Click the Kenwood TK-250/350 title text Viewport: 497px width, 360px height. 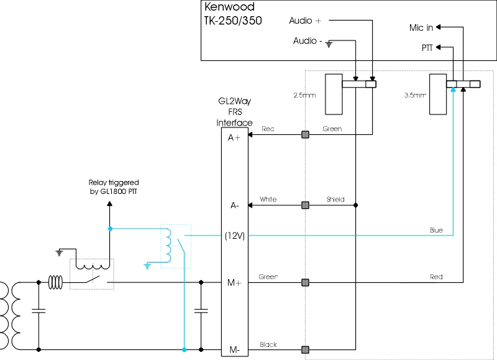point(234,13)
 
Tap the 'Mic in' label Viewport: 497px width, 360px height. point(421,27)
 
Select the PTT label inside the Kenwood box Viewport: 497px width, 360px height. point(427,48)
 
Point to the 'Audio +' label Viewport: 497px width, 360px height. point(305,21)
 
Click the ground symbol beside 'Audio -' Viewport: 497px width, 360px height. point(329,44)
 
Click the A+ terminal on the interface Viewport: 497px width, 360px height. point(234,137)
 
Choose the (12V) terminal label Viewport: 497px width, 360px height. point(235,236)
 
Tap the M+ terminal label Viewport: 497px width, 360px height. point(234,282)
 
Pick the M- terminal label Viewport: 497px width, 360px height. point(234,350)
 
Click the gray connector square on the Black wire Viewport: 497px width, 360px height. point(305,350)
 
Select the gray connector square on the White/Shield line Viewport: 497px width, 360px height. point(305,205)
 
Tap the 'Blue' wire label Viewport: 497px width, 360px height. point(436,230)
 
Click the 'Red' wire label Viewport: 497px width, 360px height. point(436,277)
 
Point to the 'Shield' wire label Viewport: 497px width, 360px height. point(335,199)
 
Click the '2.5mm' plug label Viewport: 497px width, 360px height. point(304,95)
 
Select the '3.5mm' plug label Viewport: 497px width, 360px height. point(415,95)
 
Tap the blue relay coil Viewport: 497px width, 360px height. point(168,245)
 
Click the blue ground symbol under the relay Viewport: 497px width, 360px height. point(147,266)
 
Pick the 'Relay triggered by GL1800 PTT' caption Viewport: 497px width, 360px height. point(114,187)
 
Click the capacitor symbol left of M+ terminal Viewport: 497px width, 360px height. point(201,310)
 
